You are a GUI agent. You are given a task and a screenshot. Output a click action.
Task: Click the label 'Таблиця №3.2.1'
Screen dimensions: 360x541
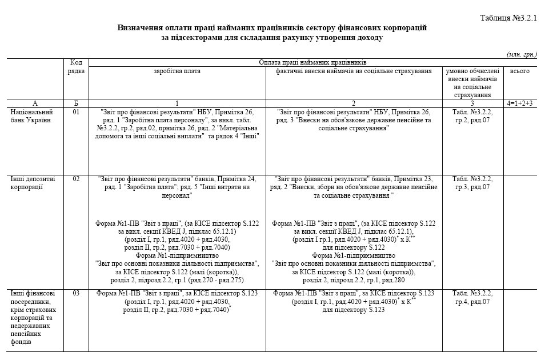[x=508, y=18]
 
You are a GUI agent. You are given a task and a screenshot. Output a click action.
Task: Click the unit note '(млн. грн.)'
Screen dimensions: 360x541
[x=522, y=54]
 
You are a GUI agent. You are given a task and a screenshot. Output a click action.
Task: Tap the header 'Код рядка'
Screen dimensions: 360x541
[x=77, y=66]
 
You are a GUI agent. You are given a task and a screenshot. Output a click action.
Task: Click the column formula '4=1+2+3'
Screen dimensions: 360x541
[x=519, y=103]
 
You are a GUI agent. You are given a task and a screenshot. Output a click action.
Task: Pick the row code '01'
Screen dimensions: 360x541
[x=77, y=112]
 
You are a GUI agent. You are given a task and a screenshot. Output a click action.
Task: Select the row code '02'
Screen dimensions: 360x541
[x=77, y=178]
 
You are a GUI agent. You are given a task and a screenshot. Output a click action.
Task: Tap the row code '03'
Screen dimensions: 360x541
[x=77, y=293]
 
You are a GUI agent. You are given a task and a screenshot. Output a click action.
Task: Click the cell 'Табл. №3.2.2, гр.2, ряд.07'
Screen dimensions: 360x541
[x=472, y=116]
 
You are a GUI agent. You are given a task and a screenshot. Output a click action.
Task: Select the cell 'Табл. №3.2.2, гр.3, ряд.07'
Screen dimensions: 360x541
[x=472, y=182]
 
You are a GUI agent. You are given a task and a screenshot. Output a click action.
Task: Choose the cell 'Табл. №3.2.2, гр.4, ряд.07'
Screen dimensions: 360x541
[x=472, y=297]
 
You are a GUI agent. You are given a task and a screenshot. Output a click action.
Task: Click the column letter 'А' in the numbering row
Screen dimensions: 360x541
[x=35, y=103]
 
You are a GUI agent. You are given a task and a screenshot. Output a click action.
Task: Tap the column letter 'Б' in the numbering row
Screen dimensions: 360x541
[x=77, y=103]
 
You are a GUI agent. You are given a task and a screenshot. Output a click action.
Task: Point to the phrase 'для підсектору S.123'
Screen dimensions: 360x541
[x=351, y=309]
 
